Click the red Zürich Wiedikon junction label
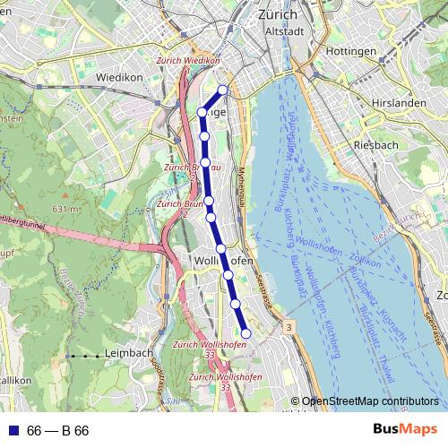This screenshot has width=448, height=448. pos(188,61)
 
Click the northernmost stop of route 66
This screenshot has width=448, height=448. pos(222,90)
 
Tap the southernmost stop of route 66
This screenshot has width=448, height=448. pos(246,333)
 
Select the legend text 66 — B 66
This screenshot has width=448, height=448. pos(57,431)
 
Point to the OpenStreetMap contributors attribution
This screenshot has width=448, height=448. pos(369,401)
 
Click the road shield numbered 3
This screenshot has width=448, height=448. pos(289,329)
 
